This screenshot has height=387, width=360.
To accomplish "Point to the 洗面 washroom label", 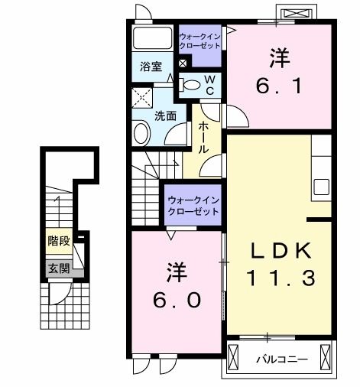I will click(x=166, y=116).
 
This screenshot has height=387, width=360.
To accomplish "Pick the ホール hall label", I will click(x=204, y=137).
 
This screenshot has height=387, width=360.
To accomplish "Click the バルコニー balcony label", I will click(x=281, y=358).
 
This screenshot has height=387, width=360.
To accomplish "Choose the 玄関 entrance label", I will click(x=58, y=268).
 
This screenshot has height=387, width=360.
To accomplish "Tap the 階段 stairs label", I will click(x=58, y=241).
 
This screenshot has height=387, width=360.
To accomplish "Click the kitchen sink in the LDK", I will click(x=320, y=187).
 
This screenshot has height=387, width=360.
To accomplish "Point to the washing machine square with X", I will click(x=142, y=98).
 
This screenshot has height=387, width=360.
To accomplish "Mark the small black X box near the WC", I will click(x=182, y=63).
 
